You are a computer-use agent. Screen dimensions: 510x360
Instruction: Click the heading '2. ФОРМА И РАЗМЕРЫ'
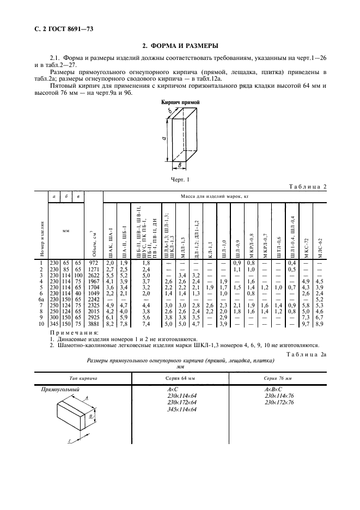pyautogui.click(x=180, y=46)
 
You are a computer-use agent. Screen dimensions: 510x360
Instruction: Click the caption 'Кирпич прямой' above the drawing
pyautogui.click(x=180, y=102)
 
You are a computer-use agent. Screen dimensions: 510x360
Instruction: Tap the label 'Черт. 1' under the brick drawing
pyautogui.click(x=180, y=178)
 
